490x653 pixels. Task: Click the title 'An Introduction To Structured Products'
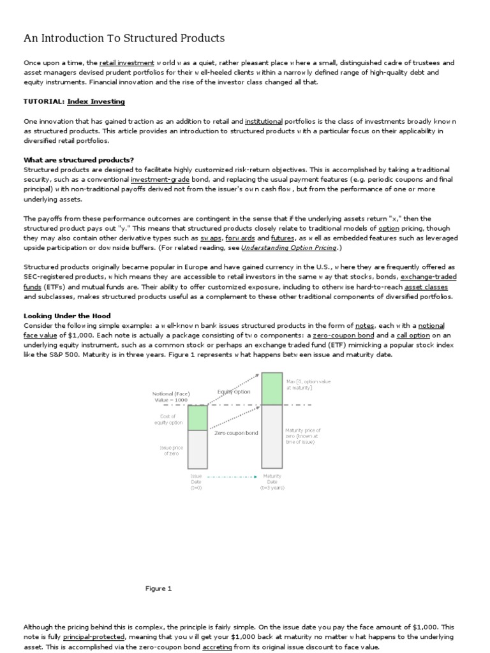pyautogui.click(x=124, y=38)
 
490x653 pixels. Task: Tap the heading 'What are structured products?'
pyautogui.click(x=78, y=159)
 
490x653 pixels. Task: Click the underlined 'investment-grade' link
pyautogui.click(x=160, y=179)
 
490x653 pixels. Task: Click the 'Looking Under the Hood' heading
pyautogui.click(x=67, y=316)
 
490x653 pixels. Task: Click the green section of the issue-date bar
pyautogui.click(x=198, y=418)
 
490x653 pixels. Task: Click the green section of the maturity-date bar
pyautogui.click(x=272, y=388)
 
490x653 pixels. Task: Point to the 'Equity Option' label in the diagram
pyautogui.click(x=234, y=392)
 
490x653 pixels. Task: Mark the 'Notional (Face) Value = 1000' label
pyautogui.click(x=171, y=397)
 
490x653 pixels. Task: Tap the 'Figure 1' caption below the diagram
pyautogui.click(x=159, y=589)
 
